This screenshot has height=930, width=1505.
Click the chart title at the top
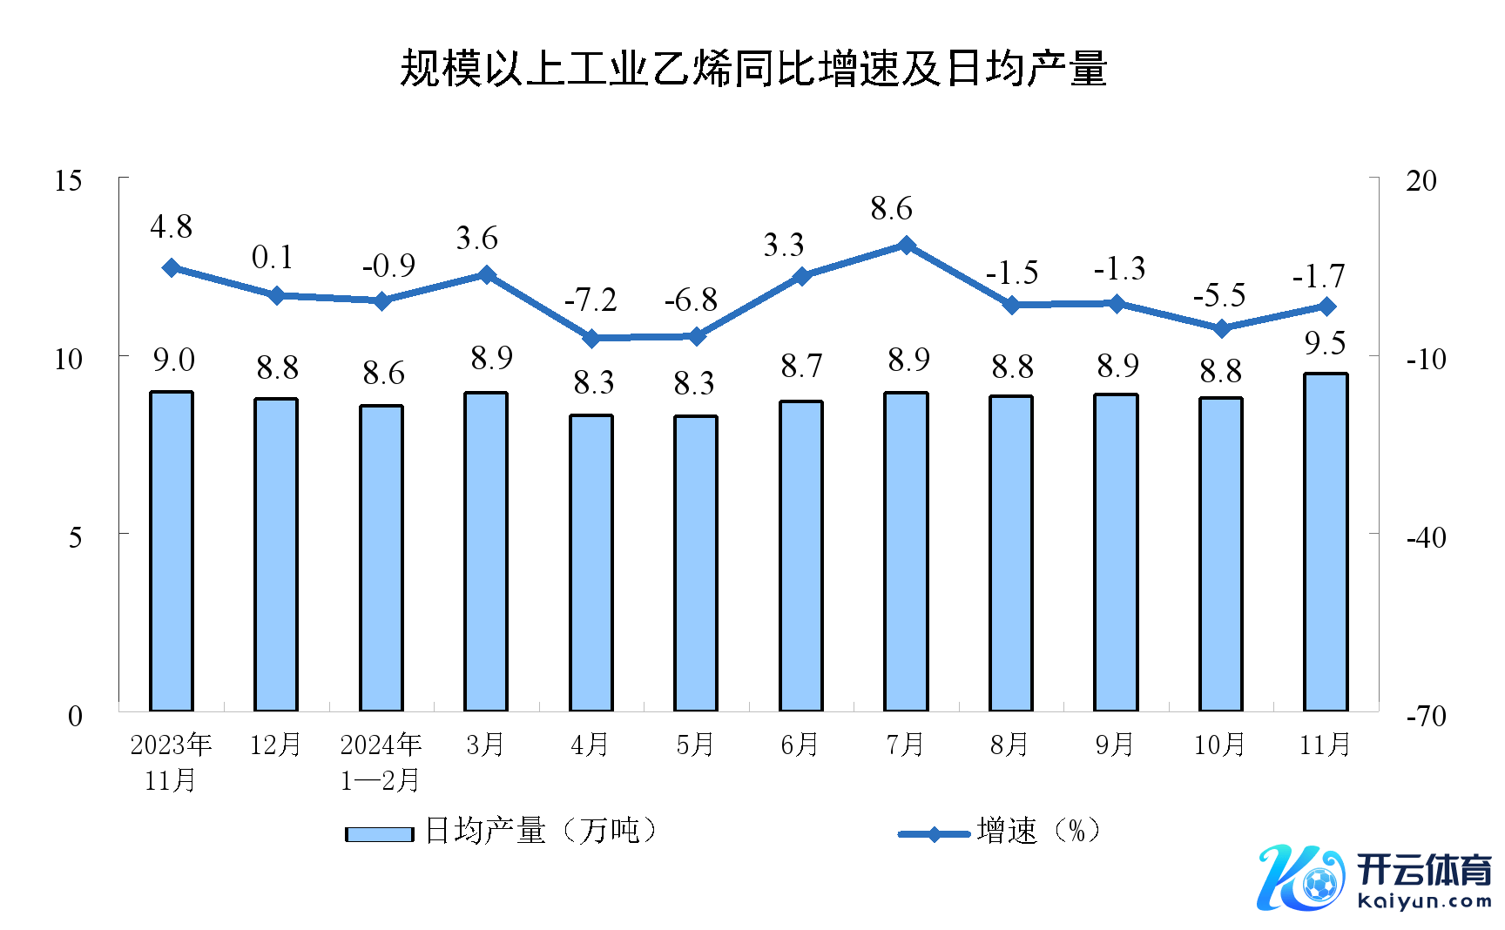coord(753,69)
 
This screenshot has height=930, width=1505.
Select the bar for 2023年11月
coord(172,550)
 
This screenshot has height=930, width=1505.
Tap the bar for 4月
coord(591,563)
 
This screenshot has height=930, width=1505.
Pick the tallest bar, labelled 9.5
coord(1326,542)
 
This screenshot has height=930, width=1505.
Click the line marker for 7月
coord(907,246)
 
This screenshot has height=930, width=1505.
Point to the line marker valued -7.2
coord(591,338)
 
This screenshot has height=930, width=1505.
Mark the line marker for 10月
coord(1221,328)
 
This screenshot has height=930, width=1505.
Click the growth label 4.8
coord(171,227)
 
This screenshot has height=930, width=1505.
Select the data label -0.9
coord(388,266)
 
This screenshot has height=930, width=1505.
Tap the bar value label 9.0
coord(173,360)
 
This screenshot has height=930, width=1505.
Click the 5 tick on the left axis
coord(75,537)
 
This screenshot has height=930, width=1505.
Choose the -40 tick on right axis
coord(1426,537)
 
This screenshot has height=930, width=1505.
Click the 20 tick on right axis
coord(1421,181)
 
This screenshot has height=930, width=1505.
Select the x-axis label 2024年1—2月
coord(381,762)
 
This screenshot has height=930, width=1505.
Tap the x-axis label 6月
coord(800,745)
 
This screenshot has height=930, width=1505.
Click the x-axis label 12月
coord(275,745)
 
